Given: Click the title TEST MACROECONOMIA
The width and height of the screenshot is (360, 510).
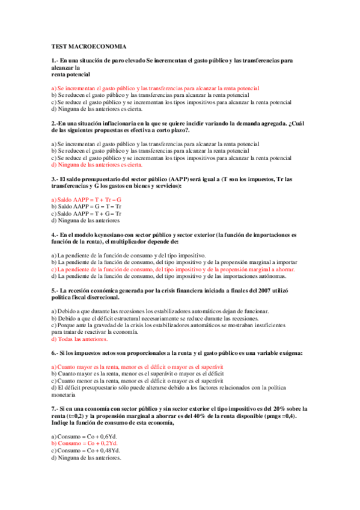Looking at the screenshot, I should coord(88,46).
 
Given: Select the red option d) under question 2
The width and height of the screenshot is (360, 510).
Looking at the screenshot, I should coord(97,164).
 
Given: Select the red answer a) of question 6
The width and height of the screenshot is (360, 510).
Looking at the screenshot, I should coord(137,366).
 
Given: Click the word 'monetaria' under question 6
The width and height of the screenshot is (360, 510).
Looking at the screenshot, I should coord(64,395).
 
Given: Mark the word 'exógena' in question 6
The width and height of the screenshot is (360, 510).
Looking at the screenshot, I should coord(288,352).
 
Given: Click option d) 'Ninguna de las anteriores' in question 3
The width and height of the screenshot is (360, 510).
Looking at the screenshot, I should coord(86,220).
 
